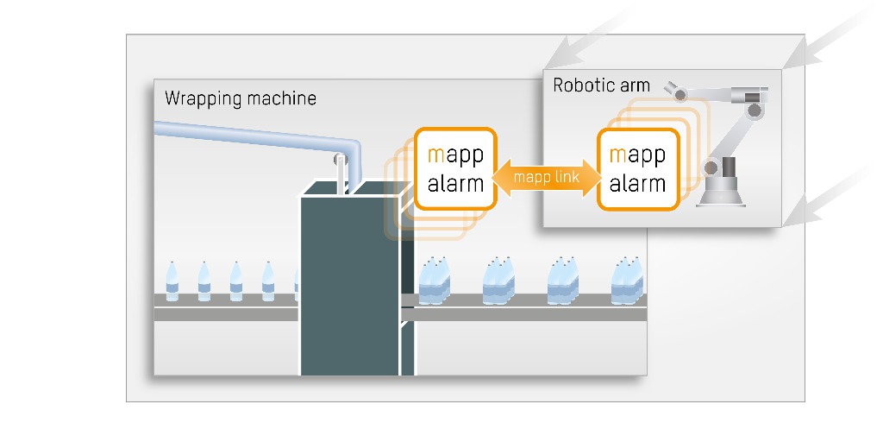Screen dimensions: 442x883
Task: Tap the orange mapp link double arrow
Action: click(547, 178)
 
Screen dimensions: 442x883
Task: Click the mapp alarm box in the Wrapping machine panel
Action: click(455, 168)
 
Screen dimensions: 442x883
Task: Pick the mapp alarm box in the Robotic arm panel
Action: click(637, 168)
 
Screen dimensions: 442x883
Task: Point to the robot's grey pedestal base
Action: click(721, 195)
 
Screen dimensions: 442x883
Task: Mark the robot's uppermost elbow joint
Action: click(756, 110)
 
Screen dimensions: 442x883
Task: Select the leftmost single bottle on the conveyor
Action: click(172, 281)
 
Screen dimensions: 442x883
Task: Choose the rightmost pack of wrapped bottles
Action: click(628, 281)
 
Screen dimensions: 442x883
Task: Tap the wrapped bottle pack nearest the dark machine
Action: click(435, 281)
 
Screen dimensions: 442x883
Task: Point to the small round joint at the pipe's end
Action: click(340, 159)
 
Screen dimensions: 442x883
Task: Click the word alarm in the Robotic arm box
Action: click(637, 183)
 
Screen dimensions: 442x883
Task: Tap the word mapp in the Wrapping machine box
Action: click(455, 155)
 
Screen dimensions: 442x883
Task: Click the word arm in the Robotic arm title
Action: click(634, 85)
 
